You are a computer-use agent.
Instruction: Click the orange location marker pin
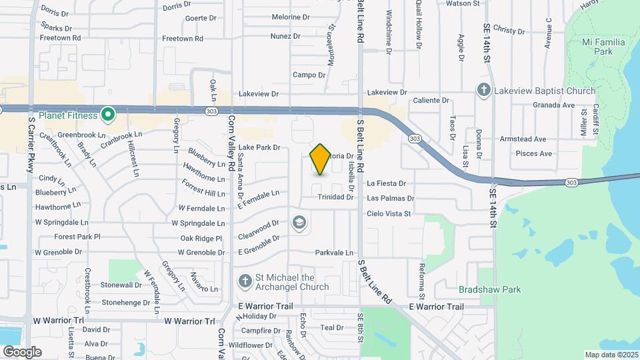pyautogui.click(x=320, y=159)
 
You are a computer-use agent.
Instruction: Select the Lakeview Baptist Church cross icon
pyautogui.click(x=485, y=90)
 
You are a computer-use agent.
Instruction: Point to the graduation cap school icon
pyautogui.click(x=299, y=222)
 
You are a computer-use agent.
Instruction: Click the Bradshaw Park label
pyautogui.click(x=489, y=289)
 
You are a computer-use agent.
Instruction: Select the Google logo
pyautogui.click(x=22, y=351)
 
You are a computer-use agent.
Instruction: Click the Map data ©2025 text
pyautogui.click(x=611, y=355)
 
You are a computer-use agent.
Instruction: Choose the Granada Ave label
pyautogui.click(x=553, y=105)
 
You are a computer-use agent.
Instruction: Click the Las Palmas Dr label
pyautogui.click(x=391, y=198)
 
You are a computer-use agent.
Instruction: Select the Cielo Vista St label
pyautogui.click(x=389, y=214)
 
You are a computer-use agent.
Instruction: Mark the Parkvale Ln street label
pyautogui.click(x=334, y=253)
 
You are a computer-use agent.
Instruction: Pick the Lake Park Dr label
pyautogui.click(x=259, y=147)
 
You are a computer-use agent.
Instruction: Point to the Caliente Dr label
pyautogui.click(x=431, y=101)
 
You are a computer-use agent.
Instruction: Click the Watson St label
pyautogui.click(x=463, y=3)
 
